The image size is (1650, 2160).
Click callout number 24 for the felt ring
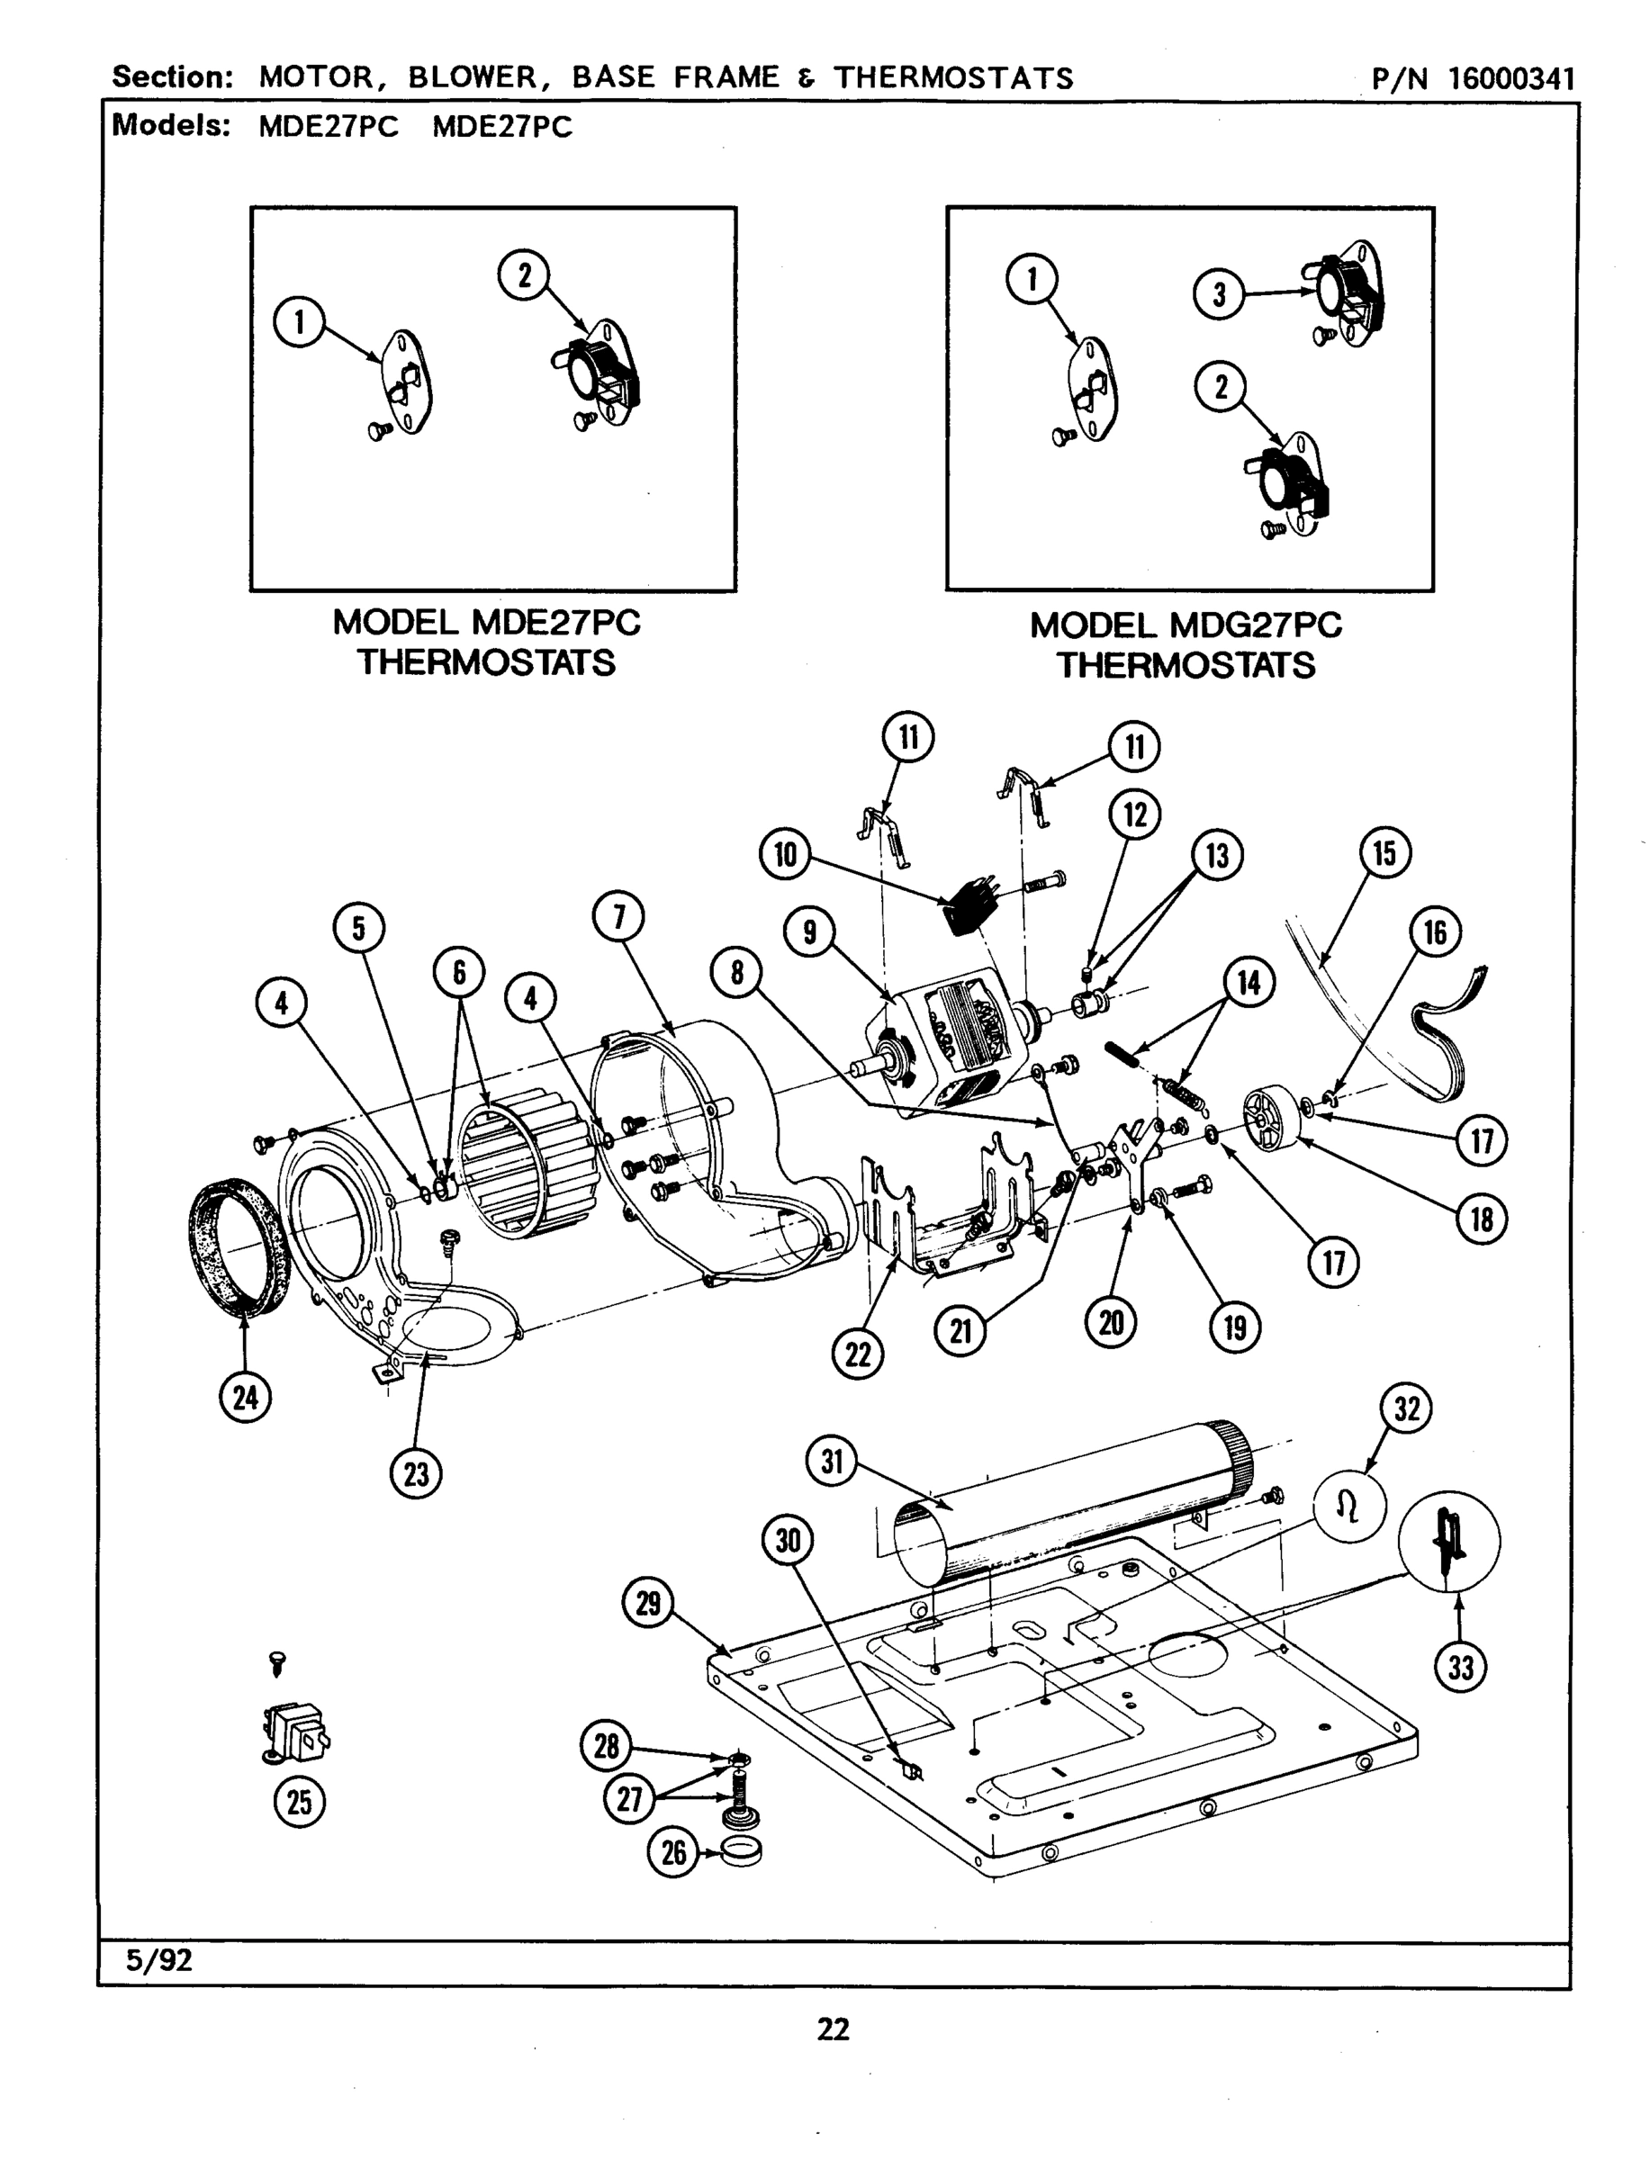(245, 1396)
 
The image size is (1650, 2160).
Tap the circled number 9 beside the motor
(809, 931)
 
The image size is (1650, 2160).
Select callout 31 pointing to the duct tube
(831, 1462)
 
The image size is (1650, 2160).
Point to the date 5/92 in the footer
(159, 1961)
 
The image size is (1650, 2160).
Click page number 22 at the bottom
(833, 2029)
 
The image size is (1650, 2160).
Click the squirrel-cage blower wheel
(530, 1165)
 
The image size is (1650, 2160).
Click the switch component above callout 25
(294, 1736)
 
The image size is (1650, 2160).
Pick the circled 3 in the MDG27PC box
(1219, 294)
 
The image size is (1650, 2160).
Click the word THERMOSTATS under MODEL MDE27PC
(486, 662)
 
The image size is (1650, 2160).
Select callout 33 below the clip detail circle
(1460, 1667)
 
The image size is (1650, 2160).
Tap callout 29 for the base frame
(648, 1602)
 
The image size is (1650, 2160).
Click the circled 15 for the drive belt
(1384, 852)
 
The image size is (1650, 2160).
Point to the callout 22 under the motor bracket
(858, 1354)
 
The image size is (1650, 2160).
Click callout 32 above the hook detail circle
(1406, 1408)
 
